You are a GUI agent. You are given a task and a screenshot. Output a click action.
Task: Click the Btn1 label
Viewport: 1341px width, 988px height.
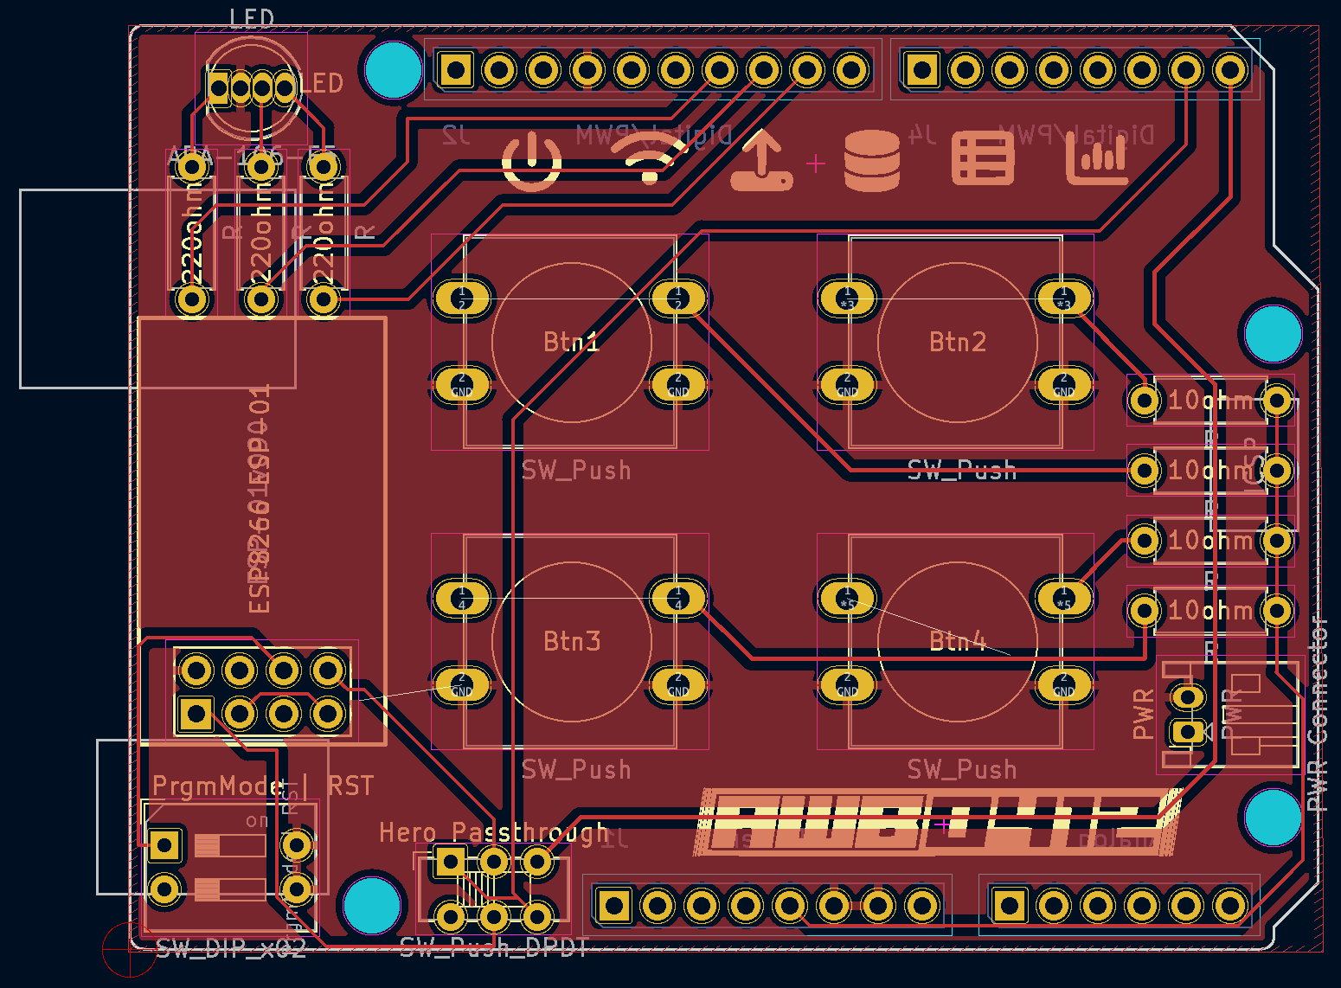(x=571, y=343)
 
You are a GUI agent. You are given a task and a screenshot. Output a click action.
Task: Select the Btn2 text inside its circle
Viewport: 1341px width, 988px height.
(x=957, y=343)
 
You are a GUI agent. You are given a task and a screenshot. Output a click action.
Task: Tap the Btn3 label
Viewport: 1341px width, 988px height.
(x=571, y=642)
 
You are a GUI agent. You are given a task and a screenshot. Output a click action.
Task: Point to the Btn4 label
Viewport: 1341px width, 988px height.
(x=957, y=642)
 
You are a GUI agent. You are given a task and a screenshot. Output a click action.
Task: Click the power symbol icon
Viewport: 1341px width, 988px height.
(x=531, y=162)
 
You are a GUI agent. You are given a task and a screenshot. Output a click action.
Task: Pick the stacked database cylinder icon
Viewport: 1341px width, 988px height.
(x=871, y=161)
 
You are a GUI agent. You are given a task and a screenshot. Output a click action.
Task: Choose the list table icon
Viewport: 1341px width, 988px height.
(x=983, y=159)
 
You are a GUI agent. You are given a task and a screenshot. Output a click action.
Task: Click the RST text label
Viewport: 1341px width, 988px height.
(x=350, y=786)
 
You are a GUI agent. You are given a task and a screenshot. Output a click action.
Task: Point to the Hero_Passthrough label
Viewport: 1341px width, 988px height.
(x=493, y=833)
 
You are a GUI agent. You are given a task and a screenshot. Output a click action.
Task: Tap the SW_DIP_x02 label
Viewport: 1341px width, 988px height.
(x=231, y=949)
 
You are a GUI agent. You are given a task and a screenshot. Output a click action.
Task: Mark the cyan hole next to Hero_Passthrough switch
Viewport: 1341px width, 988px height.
(x=372, y=903)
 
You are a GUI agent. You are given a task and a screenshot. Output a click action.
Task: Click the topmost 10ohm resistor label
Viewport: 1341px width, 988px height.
(x=1209, y=401)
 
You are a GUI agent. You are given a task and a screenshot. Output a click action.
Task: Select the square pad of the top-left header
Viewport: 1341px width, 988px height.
(x=455, y=69)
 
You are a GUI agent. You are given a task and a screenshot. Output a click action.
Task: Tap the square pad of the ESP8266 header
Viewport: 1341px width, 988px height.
(x=196, y=714)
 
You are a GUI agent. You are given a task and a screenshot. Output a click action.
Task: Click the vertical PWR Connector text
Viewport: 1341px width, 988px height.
(x=1317, y=714)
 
